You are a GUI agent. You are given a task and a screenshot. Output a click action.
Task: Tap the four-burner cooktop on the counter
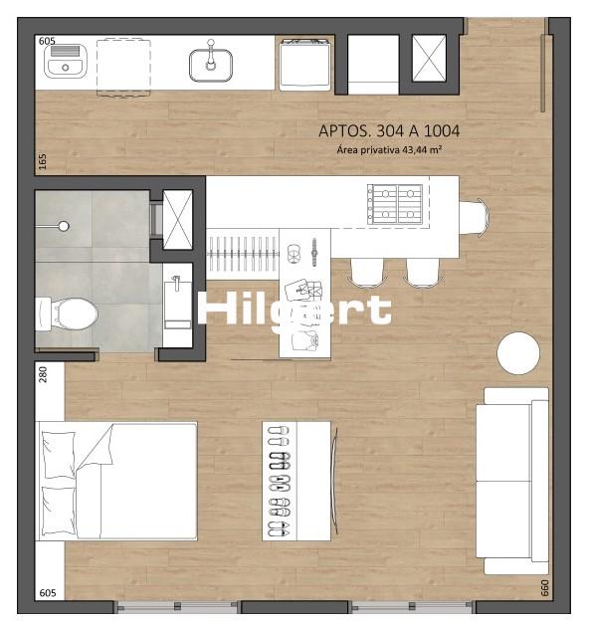395,204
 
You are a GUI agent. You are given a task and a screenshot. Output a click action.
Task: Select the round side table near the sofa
518,353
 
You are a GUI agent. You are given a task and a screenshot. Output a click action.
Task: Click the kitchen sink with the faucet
211,63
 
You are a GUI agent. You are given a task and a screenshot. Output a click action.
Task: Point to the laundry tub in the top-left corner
66,61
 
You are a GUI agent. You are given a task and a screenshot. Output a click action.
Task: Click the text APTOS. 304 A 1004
389,130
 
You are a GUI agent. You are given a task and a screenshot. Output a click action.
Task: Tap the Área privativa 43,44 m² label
389,150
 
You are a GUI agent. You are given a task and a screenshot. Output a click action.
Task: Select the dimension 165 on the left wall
43,161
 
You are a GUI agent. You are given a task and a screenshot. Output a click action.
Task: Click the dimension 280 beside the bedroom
43,374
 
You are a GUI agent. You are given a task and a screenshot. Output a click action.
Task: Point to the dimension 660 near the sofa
544,588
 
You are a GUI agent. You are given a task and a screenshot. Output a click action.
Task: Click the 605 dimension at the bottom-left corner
48,592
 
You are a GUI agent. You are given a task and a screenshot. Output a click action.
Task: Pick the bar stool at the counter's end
475,218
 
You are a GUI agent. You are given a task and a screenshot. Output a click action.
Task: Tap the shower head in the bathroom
64,226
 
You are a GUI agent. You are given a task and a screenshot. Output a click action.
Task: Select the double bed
116,482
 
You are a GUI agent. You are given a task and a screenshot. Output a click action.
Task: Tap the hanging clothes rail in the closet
243,254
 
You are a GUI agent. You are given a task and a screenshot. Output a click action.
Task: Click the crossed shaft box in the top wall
429,59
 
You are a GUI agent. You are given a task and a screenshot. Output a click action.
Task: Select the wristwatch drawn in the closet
314,253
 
